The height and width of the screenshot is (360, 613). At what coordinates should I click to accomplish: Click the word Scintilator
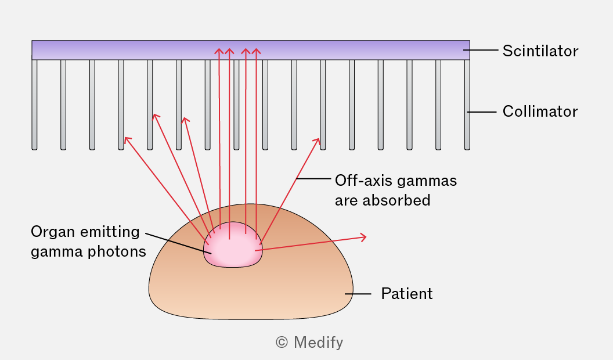(540, 51)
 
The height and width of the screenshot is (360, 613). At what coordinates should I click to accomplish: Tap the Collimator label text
(540, 111)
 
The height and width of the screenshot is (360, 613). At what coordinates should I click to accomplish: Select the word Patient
(407, 294)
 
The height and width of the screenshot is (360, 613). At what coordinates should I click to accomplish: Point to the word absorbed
(396, 200)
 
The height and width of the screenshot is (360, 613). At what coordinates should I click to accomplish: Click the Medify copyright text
(309, 343)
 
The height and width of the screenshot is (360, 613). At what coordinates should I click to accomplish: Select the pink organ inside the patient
(233, 246)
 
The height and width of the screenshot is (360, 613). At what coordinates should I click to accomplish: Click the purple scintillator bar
(251, 50)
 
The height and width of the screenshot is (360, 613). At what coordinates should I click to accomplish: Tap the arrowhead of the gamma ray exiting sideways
(363, 237)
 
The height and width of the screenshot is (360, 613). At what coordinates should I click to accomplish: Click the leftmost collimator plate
(34, 105)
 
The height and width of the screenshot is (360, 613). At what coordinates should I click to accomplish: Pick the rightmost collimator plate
(467, 105)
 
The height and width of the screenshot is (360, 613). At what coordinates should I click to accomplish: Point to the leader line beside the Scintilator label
(481, 50)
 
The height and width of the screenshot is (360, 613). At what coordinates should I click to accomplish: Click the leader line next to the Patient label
(358, 294)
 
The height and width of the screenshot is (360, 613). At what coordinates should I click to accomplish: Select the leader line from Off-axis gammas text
(313, 179)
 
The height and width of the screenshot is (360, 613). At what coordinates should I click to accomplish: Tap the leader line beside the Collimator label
(482, 112)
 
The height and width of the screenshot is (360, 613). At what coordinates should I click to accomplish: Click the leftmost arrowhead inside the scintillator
(219, 51)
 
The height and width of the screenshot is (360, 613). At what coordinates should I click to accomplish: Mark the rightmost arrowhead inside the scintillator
(256, 51)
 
